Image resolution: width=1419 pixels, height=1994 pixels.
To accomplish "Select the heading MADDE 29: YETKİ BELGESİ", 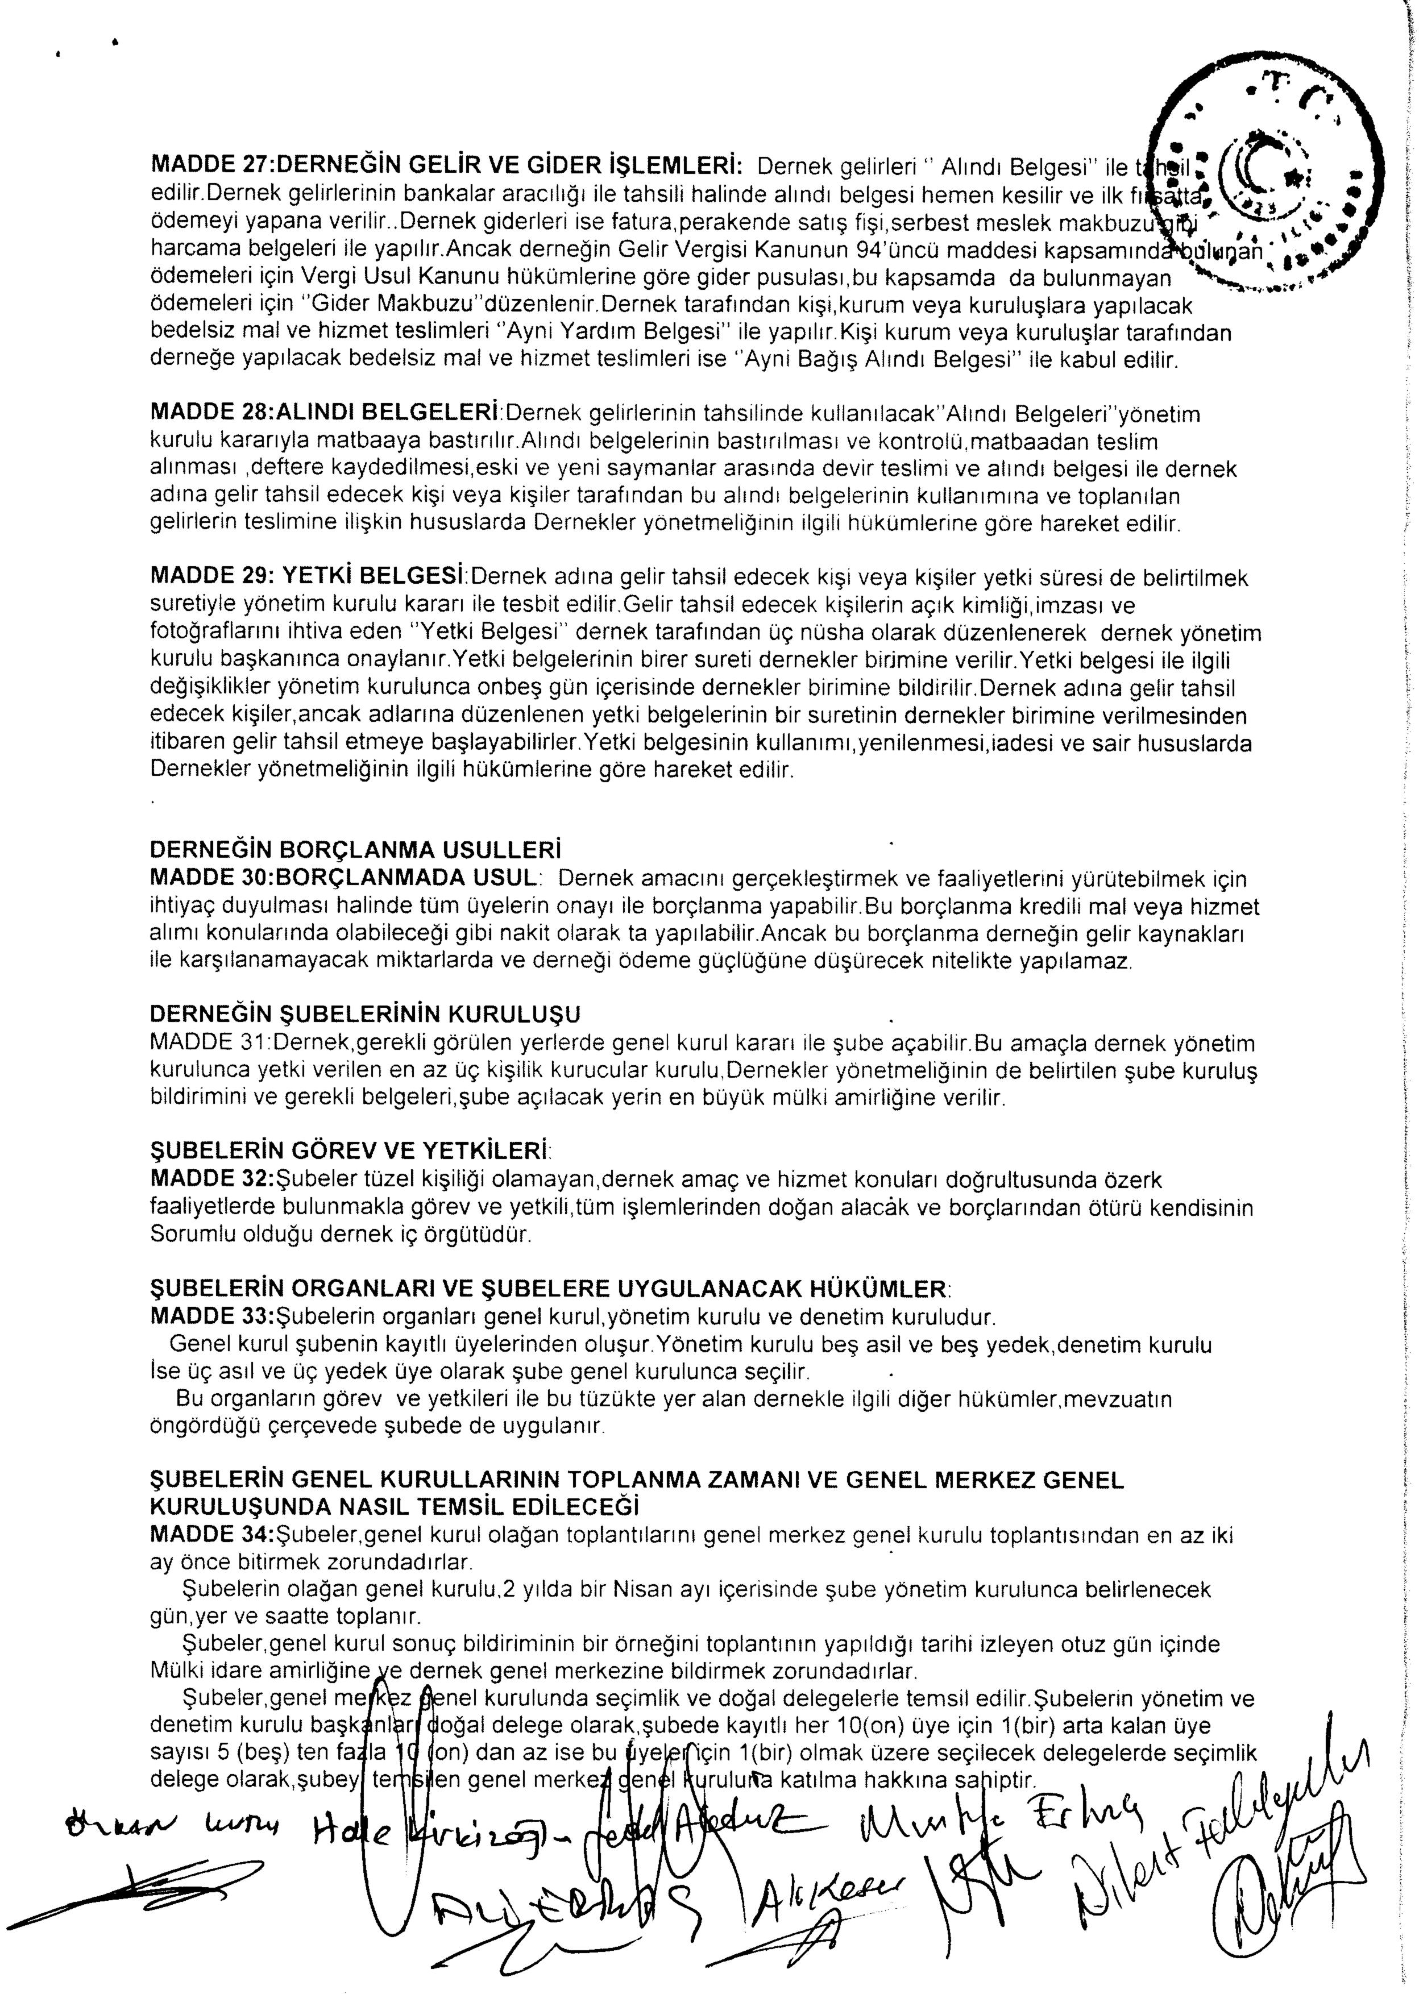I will pos(311,578).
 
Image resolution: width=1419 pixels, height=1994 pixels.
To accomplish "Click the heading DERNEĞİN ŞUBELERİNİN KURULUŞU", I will pos(365,1014).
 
